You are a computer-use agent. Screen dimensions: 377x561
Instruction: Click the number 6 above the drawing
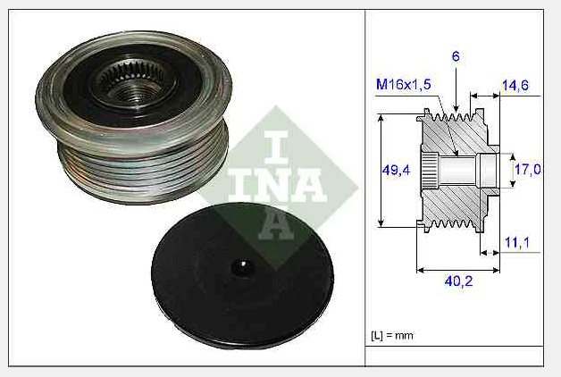tap(456, 56)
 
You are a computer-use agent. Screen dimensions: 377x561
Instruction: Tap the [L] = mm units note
tap(391, 336)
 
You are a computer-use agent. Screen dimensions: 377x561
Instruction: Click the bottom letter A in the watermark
tap(275, 224)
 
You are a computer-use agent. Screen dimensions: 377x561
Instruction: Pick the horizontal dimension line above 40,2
tap(457, 268)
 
